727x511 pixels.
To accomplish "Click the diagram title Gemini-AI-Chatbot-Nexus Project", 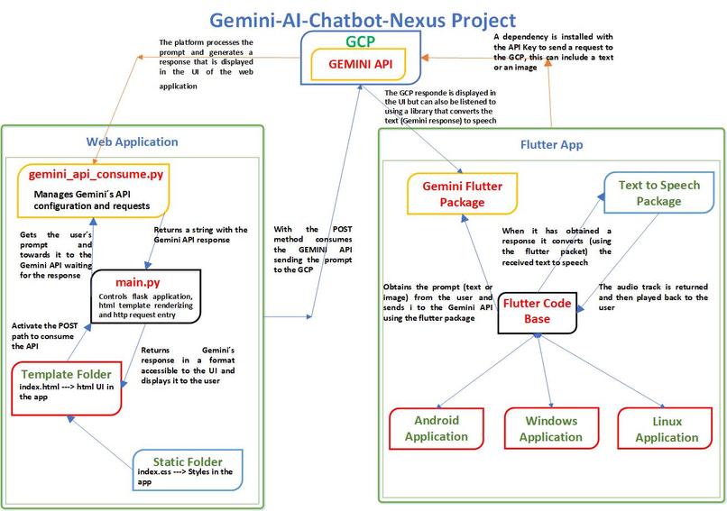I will tap(363, 19).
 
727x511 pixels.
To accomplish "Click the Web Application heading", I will tap(132, 141).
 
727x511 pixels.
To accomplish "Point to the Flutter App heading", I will tap(552, 144).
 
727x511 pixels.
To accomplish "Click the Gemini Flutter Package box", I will tap(463, 194).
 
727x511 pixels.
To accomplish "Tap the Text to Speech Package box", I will tap(658, 193).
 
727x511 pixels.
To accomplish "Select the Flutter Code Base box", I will tap(537, 312).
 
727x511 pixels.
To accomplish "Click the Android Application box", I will tap(437, 429).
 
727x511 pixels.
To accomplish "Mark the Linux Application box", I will tap(667, 430).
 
